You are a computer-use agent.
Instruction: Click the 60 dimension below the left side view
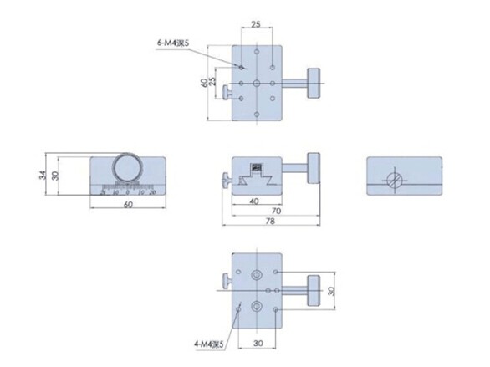(x=128, y=204)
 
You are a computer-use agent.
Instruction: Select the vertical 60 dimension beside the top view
(x=204, y=83)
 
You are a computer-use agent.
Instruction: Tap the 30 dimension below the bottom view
(x=257, y=343)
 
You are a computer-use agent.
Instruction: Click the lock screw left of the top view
(x=226, y=92)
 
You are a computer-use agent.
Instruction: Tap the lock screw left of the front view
(x=225, y=180)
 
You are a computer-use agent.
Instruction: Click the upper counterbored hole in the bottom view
(x=257, y=274)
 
